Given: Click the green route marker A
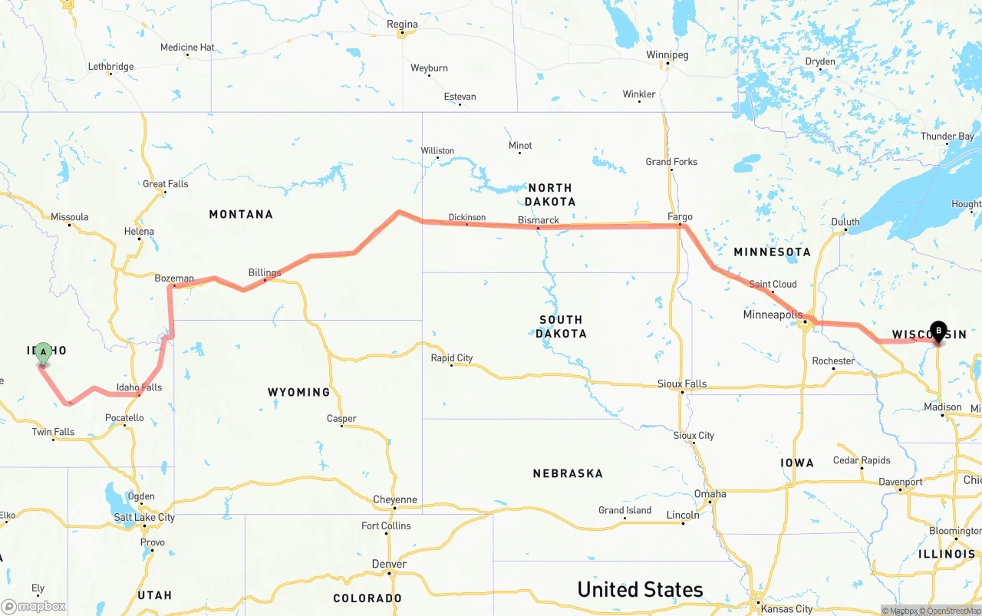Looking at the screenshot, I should [44, 353].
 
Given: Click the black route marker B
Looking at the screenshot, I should [938, 331].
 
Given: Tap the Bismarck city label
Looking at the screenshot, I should [539, 220].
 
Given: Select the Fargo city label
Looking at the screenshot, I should [680, 216].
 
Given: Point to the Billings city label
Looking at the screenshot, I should [265, 272].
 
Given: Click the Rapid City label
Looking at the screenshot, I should [452, 357].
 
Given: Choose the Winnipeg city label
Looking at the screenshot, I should [667, 55].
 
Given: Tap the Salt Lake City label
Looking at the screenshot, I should [144, 517].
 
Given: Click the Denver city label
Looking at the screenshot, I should [389, 564].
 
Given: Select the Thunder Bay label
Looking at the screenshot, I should [947, 137].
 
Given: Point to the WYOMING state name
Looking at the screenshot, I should [298, 392].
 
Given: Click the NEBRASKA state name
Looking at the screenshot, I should [568, 473].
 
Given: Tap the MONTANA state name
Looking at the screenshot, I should [241, 214].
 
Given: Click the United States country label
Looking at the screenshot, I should [640, 589].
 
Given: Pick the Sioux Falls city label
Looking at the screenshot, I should [682, 384].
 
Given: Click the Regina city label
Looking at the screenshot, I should [402, 25].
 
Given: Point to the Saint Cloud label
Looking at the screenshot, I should [773, 284].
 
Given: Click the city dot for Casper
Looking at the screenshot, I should [342, 426].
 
